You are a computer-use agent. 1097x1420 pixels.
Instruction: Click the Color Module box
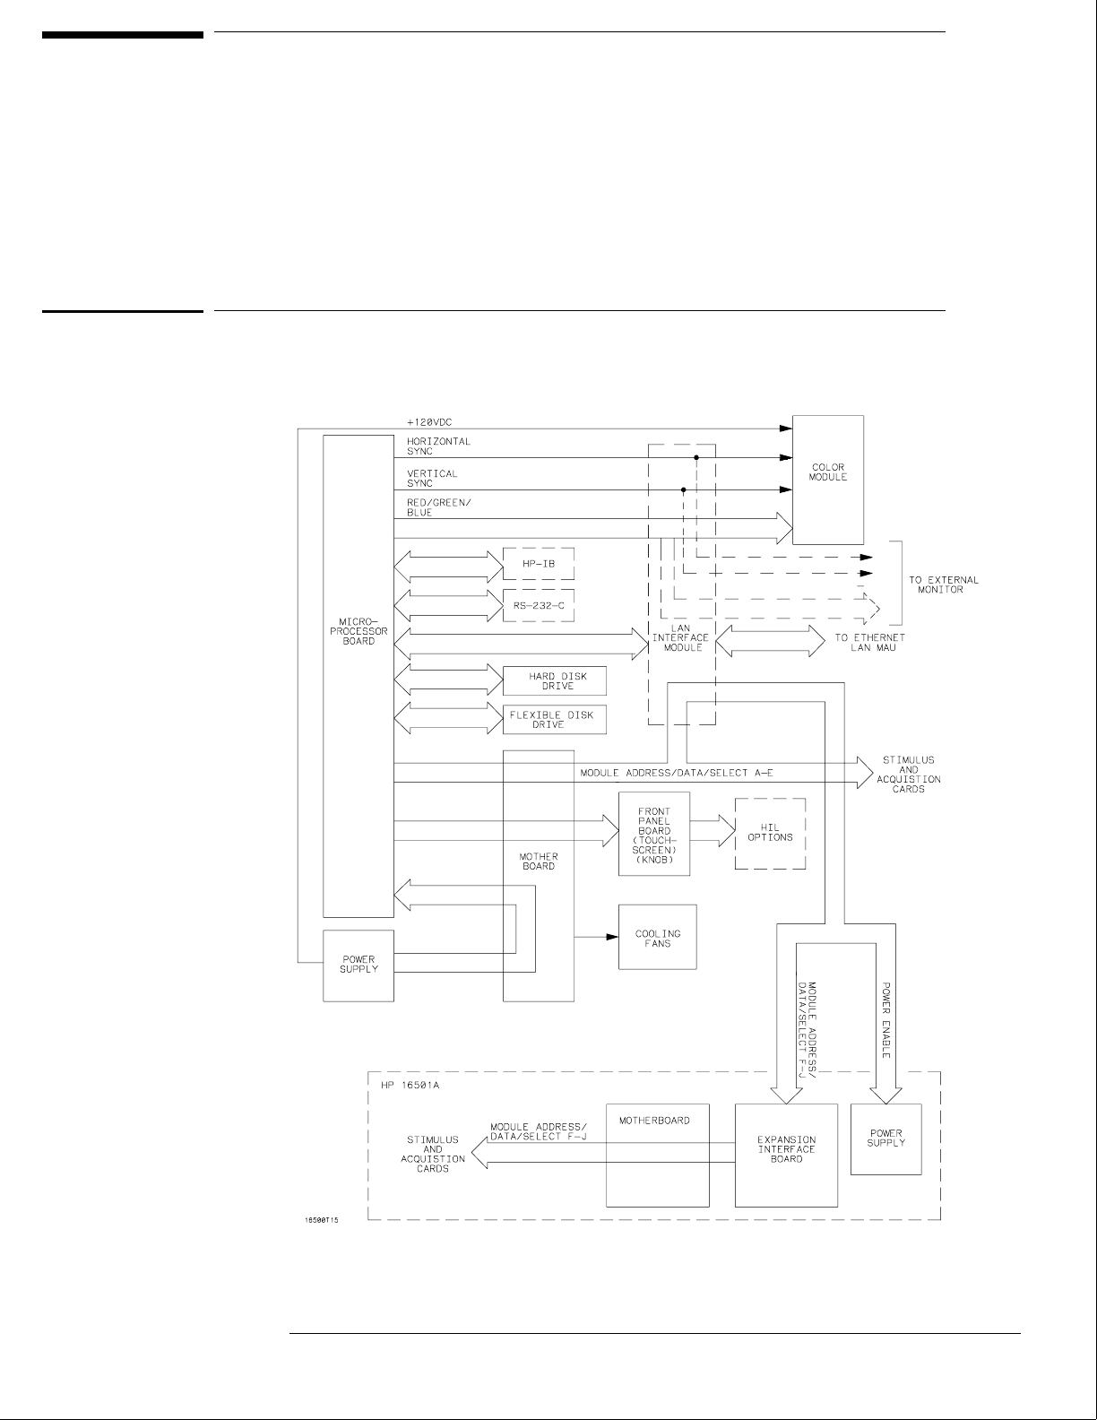[827, 480]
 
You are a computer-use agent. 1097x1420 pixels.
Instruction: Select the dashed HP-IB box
[538, 565]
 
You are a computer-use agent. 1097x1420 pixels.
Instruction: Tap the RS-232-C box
[538, 605]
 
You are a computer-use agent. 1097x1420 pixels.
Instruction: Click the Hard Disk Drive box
[554, 681]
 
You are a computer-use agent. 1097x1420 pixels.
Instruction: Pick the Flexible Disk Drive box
[554, 720]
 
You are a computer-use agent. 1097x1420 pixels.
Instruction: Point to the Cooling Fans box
[657, 937]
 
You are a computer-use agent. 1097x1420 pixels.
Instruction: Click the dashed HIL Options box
[770, 833]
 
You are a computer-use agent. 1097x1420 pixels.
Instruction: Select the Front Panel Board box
[654, 834]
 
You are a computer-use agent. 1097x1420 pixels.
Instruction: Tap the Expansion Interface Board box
[786, 1155]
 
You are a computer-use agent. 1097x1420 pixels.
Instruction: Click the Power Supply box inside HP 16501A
[885, 1139]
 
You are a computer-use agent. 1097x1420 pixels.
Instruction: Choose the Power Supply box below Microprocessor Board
[358, 965]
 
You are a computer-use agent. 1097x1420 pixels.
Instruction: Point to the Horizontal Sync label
[438, 446]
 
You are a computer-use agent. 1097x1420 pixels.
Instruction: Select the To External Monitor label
[943, 584]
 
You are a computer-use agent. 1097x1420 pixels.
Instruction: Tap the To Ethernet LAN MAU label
[869, 642]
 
